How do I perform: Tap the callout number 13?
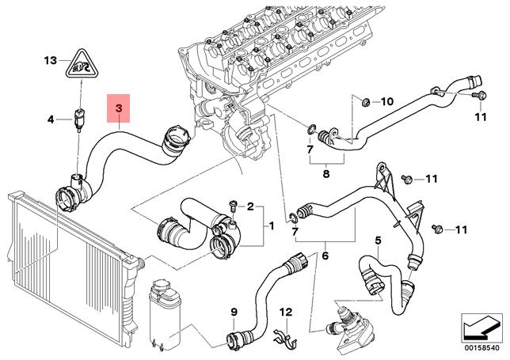[x=51, y=61]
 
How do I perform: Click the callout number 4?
[x=49, y=120]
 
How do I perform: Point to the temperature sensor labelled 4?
[x=78, y=119]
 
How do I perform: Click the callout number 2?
[x=250, y=207]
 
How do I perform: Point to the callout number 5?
[x=379, y=241]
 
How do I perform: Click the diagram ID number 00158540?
[x=481, y=346]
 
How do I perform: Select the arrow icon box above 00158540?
[x=481, y=325]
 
